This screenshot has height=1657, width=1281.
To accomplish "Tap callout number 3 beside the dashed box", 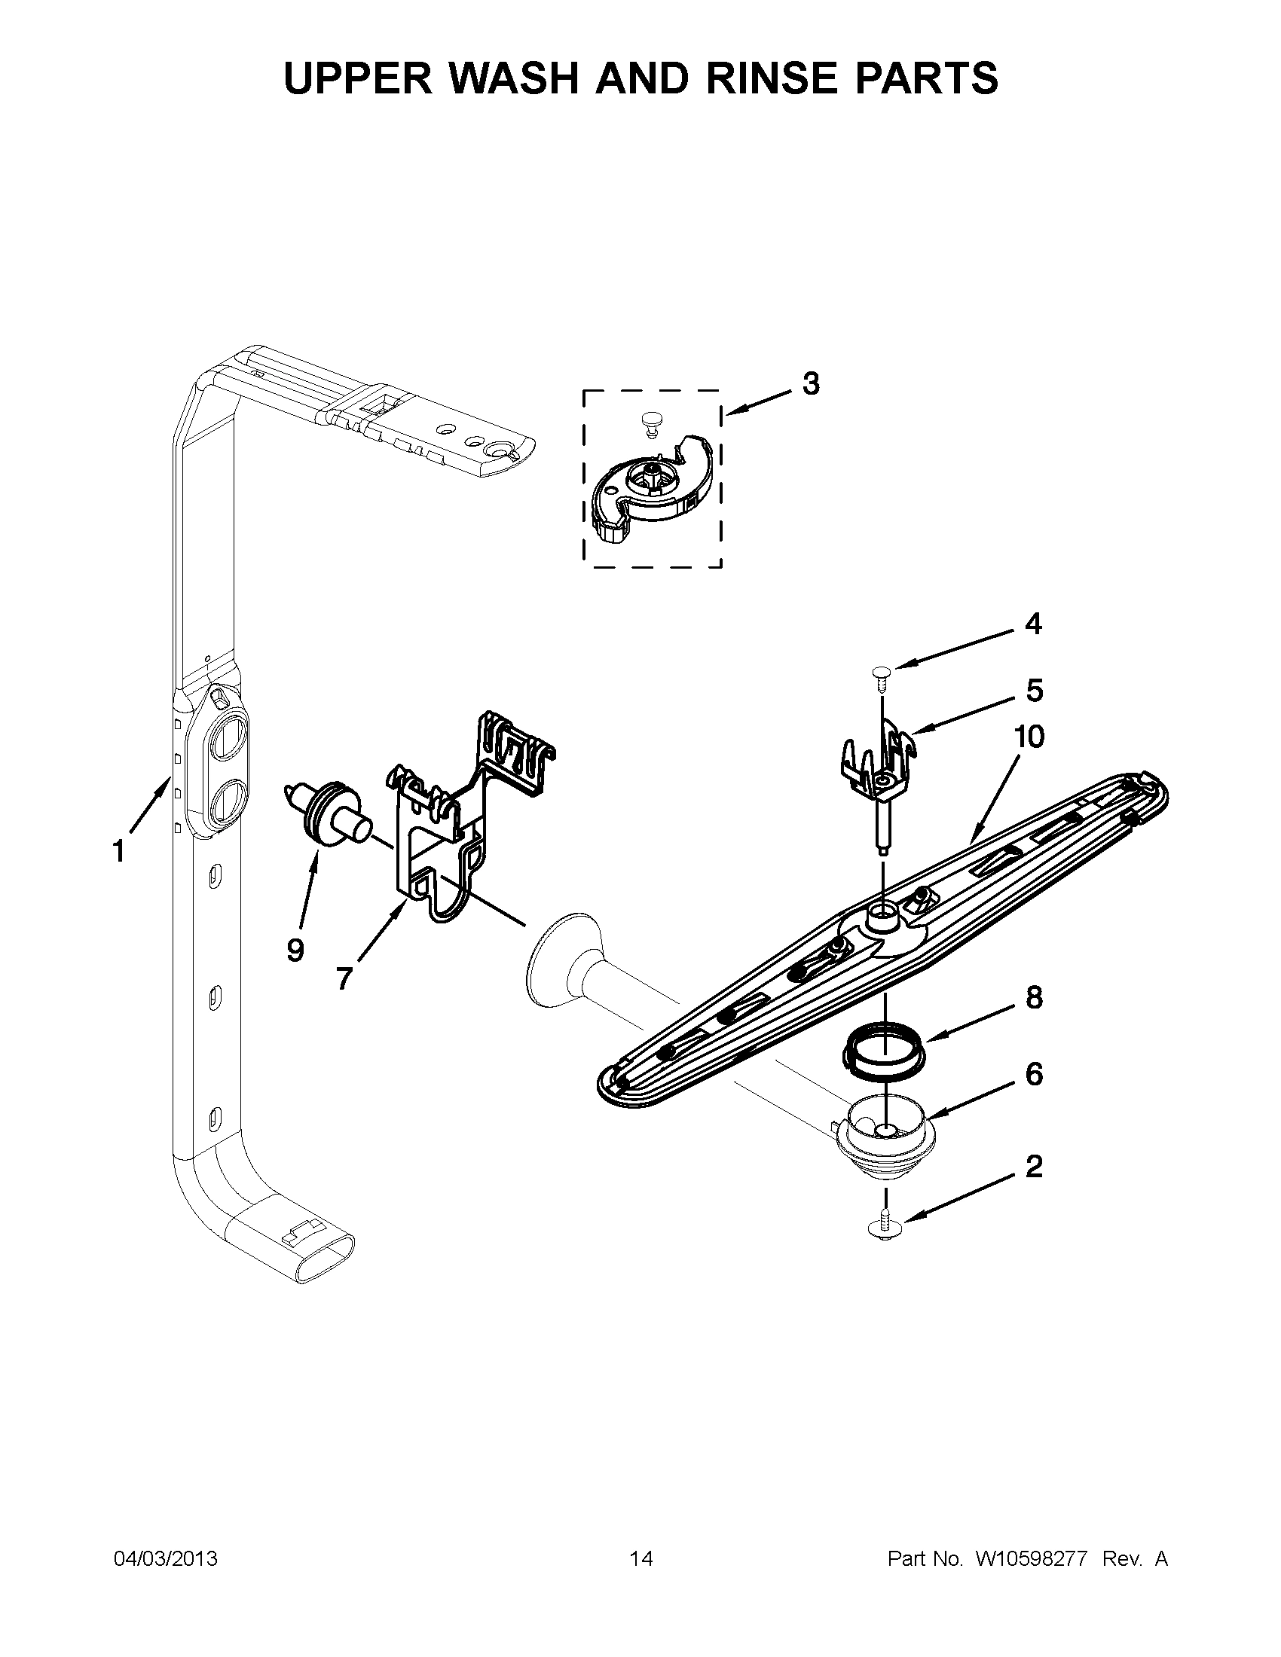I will pyautogui.click(x=811, y=385).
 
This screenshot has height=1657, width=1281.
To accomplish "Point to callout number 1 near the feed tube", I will pyautogui.click(x=118, y=852).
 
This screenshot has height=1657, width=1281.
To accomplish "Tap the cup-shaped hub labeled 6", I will pyautogui.click(x=885, y=1137).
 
